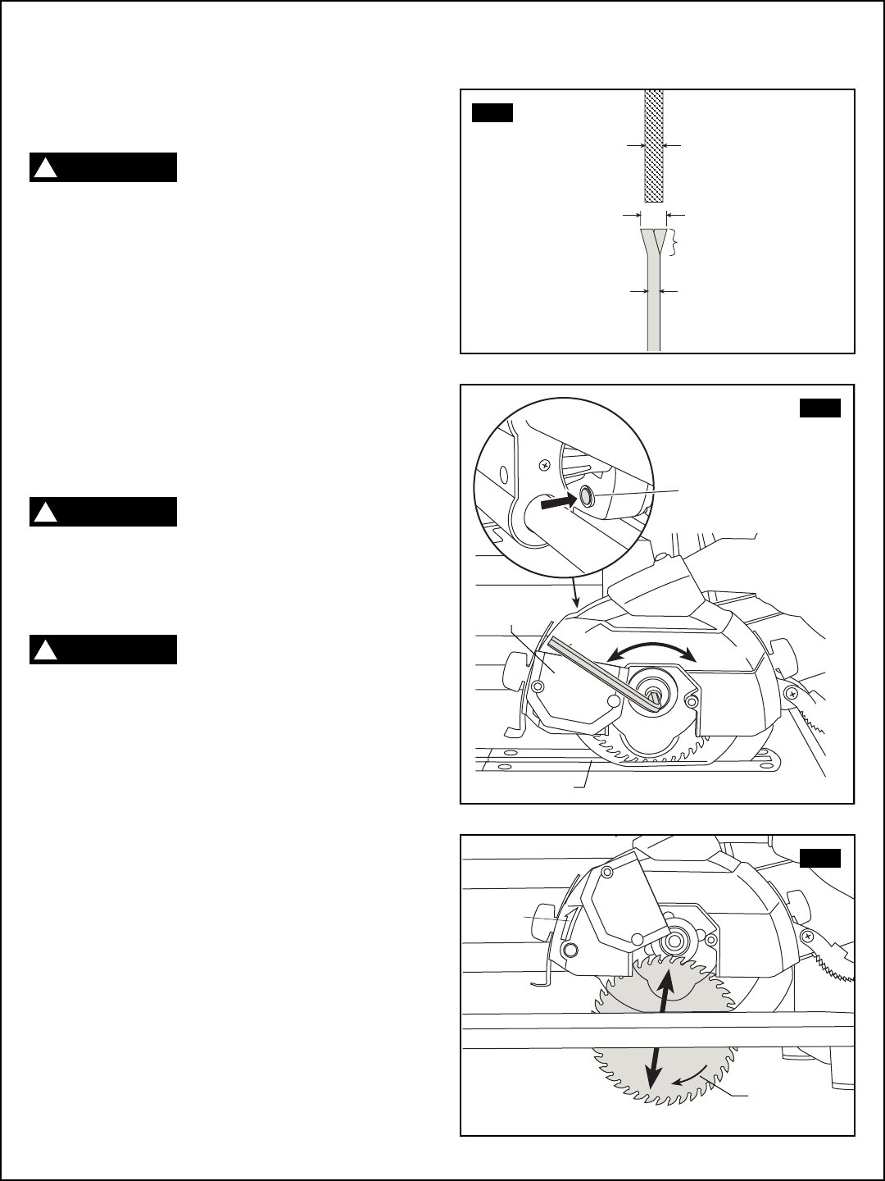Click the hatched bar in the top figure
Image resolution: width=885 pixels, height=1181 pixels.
(x=653, y=146)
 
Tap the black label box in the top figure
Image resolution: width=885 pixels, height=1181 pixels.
(x=492, y=112)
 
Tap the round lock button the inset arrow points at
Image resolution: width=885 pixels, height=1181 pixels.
(x=587, y=495)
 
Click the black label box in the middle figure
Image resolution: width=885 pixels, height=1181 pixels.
(x=820, y=407)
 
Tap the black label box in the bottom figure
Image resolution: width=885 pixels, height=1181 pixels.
(x=820, y=858)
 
